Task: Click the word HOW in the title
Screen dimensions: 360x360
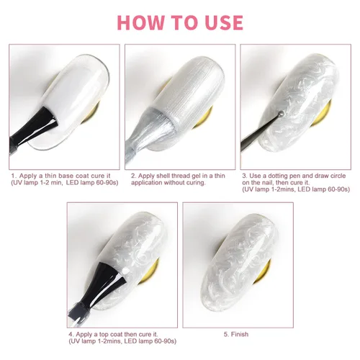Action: (140, 22)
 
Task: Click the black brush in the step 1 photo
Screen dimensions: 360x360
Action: (34, 130)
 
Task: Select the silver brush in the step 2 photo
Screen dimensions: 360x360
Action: (144, 135)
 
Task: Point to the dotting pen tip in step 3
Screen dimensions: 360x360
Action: (282, 113)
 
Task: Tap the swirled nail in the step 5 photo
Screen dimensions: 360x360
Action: (238, 261)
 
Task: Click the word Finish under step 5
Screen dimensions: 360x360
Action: (240, 334)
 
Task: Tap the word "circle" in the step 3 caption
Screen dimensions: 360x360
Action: (337, 176)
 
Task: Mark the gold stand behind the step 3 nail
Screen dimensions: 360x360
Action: (323, 114)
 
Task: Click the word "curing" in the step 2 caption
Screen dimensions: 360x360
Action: (197, 183)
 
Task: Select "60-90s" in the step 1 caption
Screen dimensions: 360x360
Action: (107, 183)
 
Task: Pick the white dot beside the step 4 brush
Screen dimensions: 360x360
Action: (125, 271)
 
